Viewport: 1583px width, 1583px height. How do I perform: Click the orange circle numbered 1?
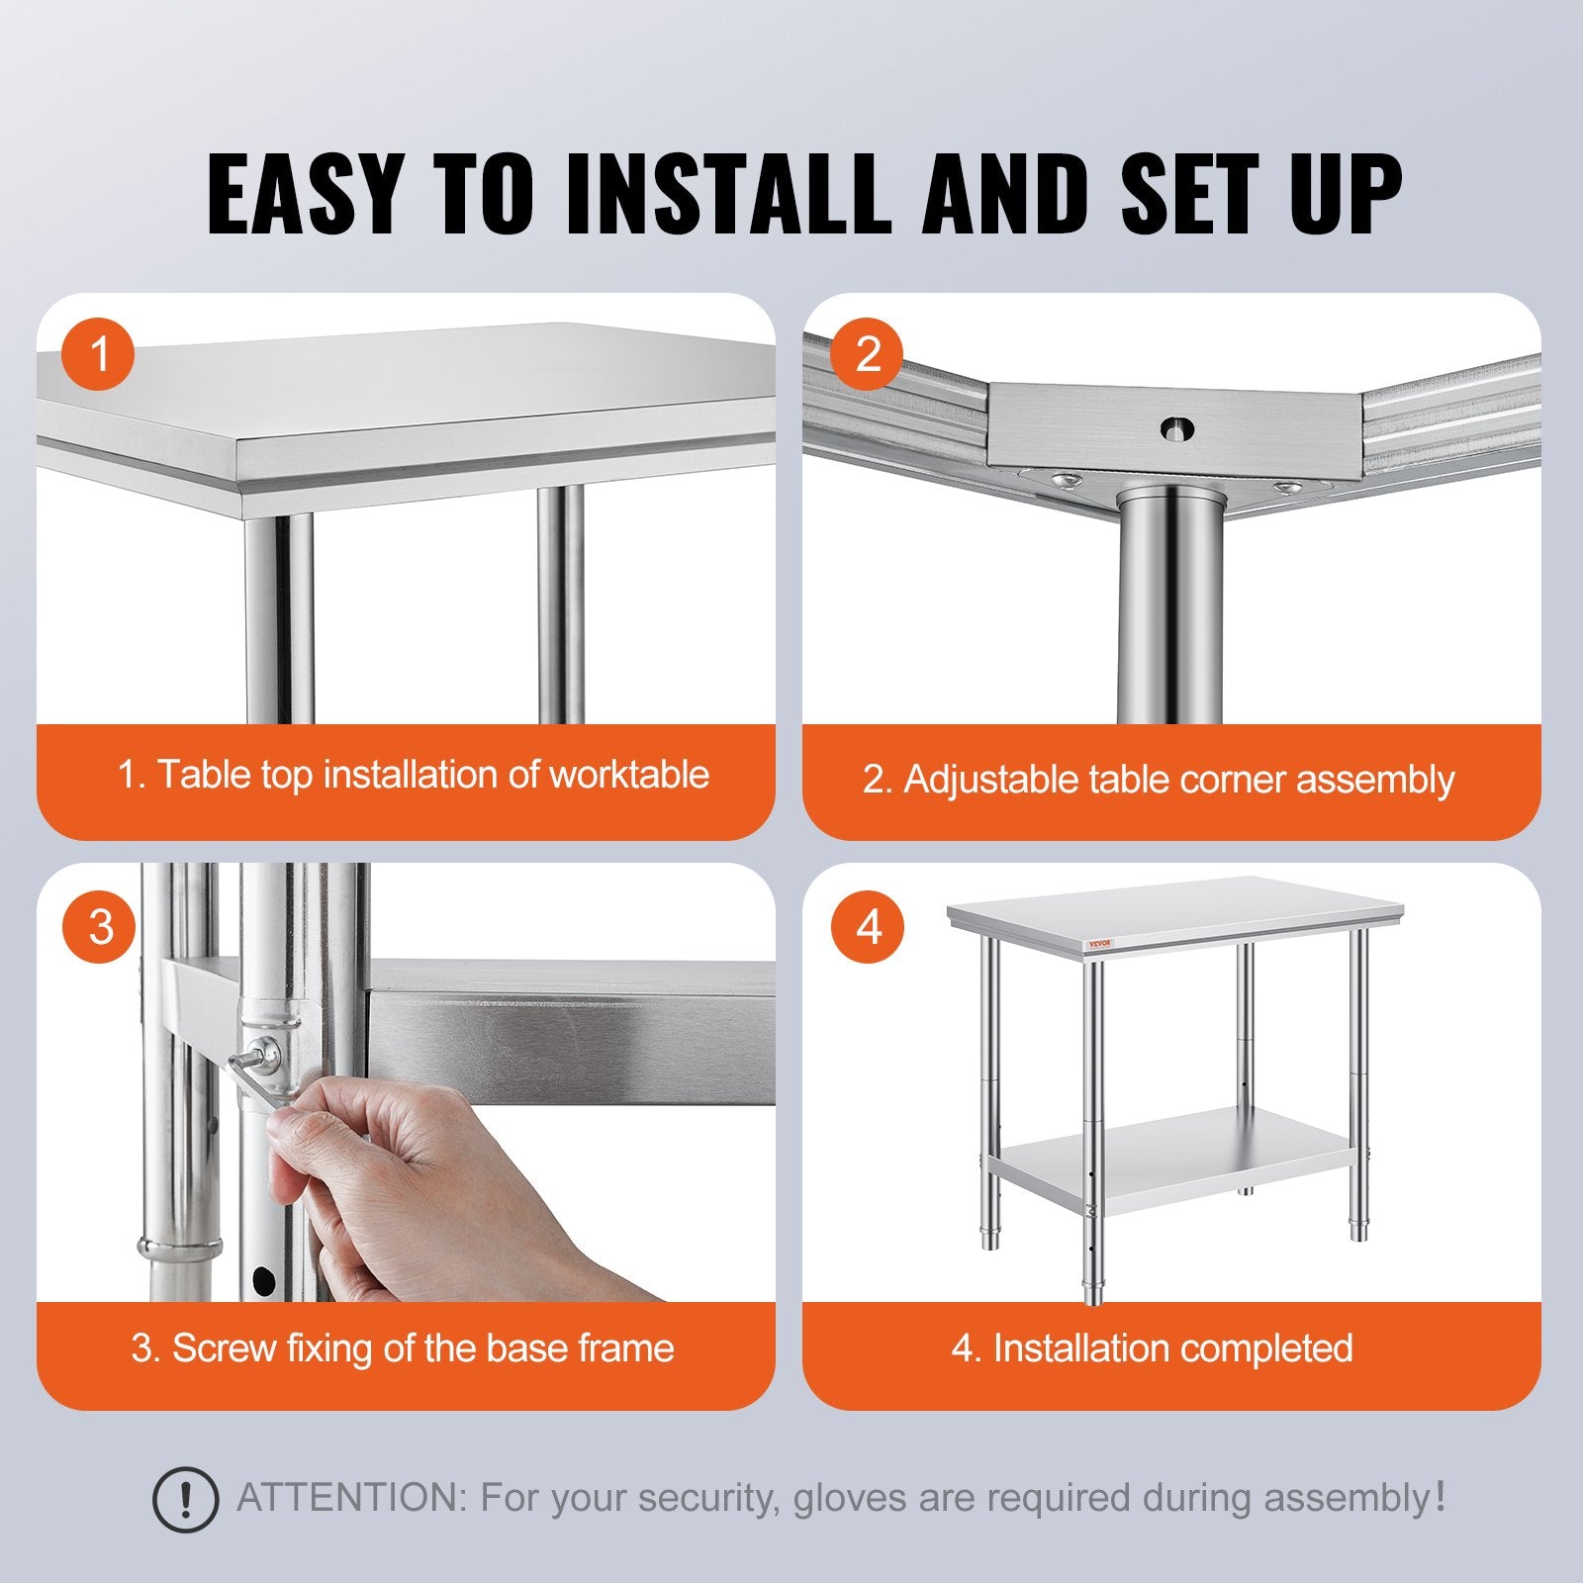98,353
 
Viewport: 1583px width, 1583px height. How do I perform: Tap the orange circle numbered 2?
867,353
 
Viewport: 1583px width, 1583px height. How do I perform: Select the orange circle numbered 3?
99,927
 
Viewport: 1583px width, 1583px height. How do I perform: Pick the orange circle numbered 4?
868,927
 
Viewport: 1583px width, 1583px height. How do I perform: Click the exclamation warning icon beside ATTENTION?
185,1500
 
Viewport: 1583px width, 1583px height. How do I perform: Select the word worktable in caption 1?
628,775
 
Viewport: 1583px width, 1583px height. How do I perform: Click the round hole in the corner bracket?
1176,429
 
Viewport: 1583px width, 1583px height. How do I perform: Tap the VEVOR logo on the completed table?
1100,944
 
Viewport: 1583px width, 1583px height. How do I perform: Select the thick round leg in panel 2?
1170,613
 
